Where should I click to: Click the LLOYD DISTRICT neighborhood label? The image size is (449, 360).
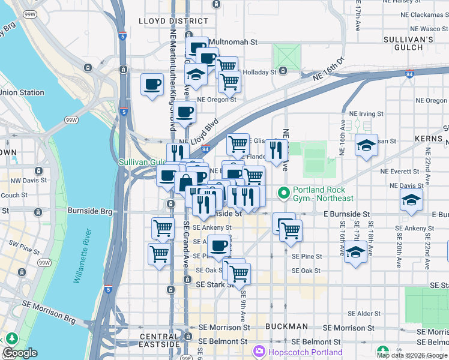click(x=165, y=21)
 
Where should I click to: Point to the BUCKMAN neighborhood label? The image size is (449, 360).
click(x=289, y=328)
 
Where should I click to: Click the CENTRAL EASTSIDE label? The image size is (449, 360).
click(x=160, y=341)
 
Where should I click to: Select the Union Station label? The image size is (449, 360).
click(x=22, y=92)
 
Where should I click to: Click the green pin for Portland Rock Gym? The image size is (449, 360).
click(x=284, y=193)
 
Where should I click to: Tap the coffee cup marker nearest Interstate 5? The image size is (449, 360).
click(x=152, y=83)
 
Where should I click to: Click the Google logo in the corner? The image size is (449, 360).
click(x=20, y=353)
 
